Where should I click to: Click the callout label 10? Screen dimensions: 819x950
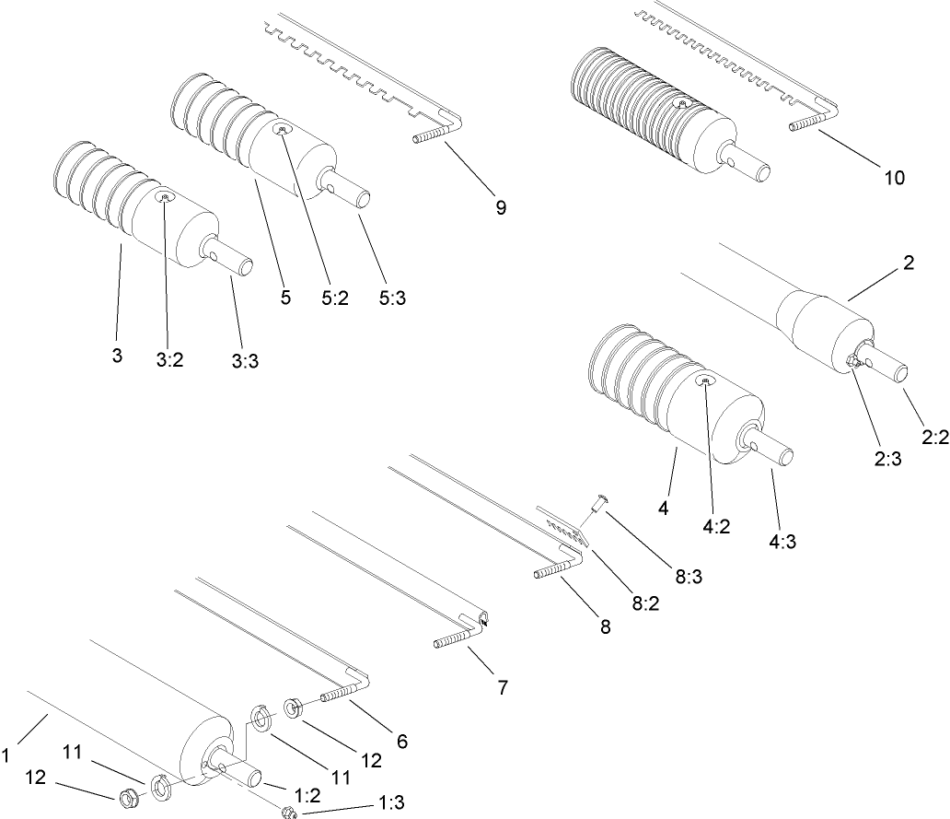tap(894, 177)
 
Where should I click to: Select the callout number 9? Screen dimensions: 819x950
tap(500, 208)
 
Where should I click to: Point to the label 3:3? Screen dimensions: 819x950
tap(244, 361)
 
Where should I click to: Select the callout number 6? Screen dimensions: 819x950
tap(401, 740)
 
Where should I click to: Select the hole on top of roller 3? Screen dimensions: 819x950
tap(166, 196)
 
